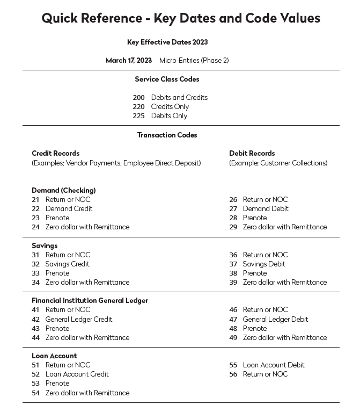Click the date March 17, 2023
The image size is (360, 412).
tap(129, 61)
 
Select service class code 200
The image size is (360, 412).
tap(139, 98)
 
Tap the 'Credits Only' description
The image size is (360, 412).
tap(170, 107)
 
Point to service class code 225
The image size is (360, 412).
tap(139, 116)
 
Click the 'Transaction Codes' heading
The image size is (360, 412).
tap(167, 135)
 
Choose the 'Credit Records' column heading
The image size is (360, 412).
tap(55, 154)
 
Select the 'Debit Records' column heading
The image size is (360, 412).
tap(252, 154)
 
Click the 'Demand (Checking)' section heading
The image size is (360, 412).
tap(63, 191)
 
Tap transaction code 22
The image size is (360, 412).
tap(35, 209)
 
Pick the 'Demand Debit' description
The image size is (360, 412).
tap(266, 209)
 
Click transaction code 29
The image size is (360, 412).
tap(233, 227)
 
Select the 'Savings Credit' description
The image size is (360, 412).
tap(67, 264)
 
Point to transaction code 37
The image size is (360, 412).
tap(233, 264)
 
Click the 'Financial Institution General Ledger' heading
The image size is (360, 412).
tap(90, 301)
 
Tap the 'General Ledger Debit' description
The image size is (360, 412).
tap(275, 320)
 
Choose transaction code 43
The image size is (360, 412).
tap(35, 329)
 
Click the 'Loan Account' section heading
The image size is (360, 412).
tap(54, 356)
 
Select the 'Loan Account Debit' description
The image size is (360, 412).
tap(274, 365)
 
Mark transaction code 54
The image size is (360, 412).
tap(35, 393)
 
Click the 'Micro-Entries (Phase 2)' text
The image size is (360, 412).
tap(194, 61)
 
